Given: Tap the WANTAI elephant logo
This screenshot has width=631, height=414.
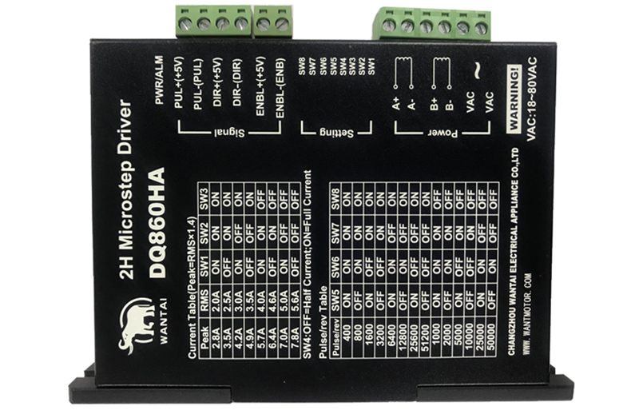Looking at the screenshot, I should (137, 320).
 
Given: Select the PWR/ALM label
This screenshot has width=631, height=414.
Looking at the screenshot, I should (158, 81).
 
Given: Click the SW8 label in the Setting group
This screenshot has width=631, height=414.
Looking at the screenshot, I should (302, 66).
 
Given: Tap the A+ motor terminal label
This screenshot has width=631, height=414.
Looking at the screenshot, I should (398, 102).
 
